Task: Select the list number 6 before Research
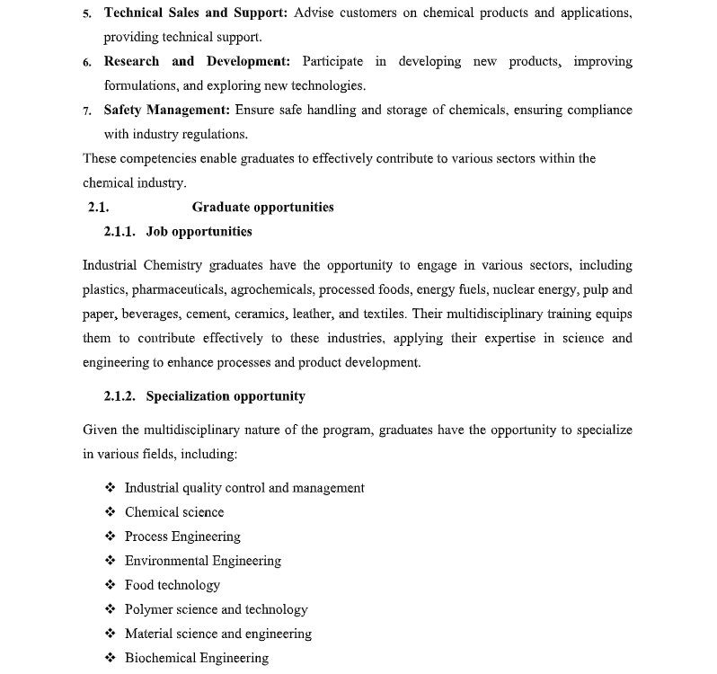(86, 63)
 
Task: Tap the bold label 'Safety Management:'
(166, 110)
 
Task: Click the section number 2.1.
(98, 208)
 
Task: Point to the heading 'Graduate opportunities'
(262, 208)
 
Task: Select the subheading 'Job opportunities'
(199, 232)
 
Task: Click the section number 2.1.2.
(119, 396)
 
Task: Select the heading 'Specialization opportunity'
(226, 396)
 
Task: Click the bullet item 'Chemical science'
(174, 512)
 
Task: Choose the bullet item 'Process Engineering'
(182, 537)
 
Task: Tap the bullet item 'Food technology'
(173, 585)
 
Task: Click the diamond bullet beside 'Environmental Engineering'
(110, 561)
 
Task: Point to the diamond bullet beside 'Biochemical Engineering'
(110, 658)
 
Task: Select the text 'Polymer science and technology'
(216, 609)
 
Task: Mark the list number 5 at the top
(86, 14)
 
